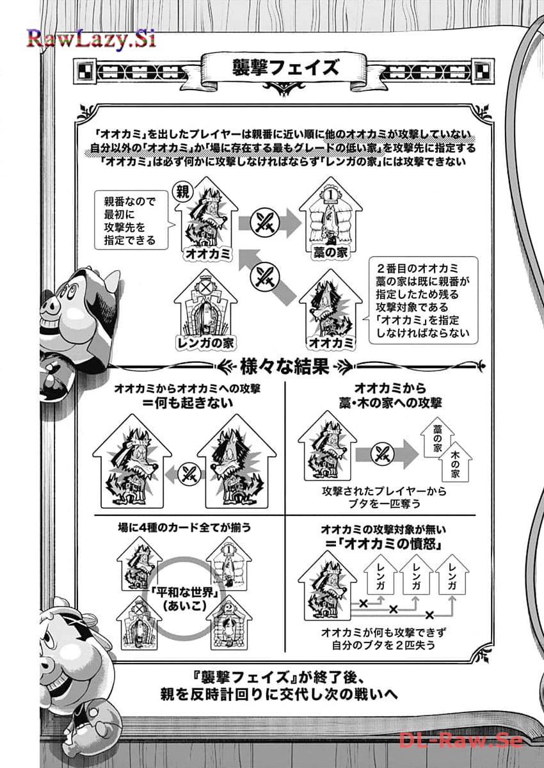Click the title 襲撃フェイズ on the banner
point(285,67)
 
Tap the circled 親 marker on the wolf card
point(182,191)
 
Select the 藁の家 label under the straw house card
point(330,253)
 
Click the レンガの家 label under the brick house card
point(205,342)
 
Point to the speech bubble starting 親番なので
point(131,220)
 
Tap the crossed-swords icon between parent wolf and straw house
point(264,223)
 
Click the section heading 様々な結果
point(285,366)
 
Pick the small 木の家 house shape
point(455,463)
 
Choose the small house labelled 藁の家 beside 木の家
point(437,438)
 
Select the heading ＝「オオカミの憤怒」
point(383,544)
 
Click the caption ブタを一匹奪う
point(384,504)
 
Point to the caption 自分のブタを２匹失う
point(383,646)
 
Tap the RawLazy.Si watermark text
point(91,38)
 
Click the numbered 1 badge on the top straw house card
point(330,195)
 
